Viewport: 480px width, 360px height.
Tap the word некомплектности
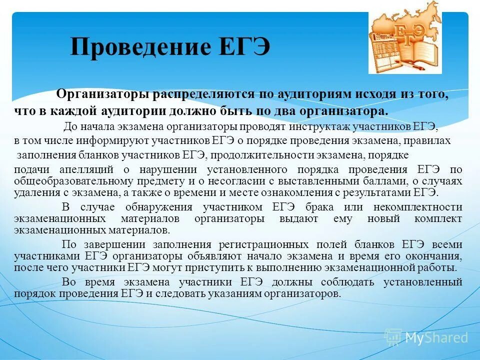[x=424, y=207]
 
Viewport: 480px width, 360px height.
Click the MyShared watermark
[x=426, y=337]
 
